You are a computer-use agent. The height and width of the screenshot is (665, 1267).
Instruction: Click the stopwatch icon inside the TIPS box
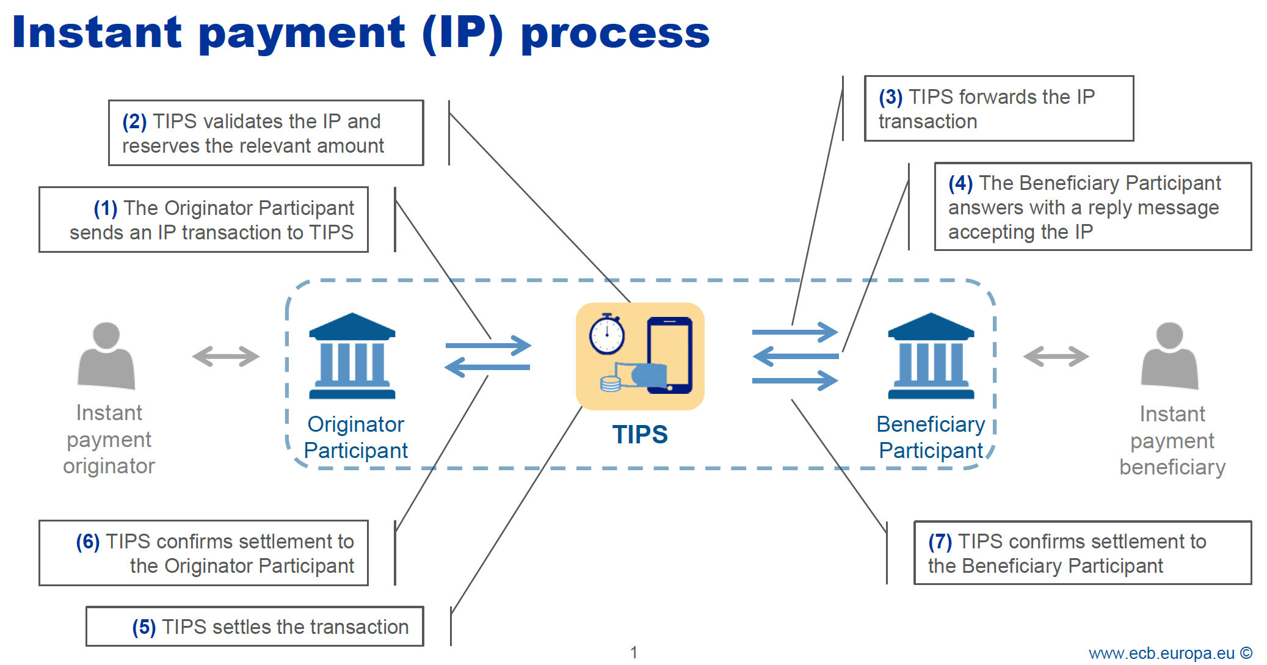click(x=606, y=334)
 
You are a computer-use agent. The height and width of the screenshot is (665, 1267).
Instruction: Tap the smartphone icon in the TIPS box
click(x=669, y=355)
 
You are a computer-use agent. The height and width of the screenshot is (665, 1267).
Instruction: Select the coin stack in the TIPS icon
click(x=610, y=383)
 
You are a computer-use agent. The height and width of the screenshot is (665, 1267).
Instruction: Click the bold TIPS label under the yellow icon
click(x=639, y=434)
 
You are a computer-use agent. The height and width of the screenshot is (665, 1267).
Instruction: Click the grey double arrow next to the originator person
click(x=225, y=356)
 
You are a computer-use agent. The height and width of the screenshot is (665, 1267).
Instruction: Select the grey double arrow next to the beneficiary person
click(x=1056, y=356)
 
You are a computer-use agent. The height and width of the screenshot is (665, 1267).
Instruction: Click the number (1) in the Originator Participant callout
click(x=105, y=208)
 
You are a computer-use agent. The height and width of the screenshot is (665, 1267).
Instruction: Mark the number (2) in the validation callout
click(x=134, y=122)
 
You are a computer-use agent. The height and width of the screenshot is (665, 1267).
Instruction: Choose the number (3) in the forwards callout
click(x=890, y=97)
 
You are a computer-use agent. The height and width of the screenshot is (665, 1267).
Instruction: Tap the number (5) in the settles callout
click(x=144, y=627)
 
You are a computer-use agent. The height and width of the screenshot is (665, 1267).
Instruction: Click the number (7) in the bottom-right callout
click(x=940, y=542)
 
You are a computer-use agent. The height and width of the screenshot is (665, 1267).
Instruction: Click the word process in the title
click(x=615, y=34)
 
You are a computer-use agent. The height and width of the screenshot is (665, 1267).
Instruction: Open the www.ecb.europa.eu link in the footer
click(x=1161, y=653)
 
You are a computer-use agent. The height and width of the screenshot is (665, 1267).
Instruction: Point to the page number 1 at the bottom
click(x=634, y=652)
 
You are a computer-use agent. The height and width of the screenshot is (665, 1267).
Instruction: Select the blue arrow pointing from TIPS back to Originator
click(x=487, y=367)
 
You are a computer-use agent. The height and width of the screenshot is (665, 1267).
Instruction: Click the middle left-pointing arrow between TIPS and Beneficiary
click(x=795, y=356)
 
